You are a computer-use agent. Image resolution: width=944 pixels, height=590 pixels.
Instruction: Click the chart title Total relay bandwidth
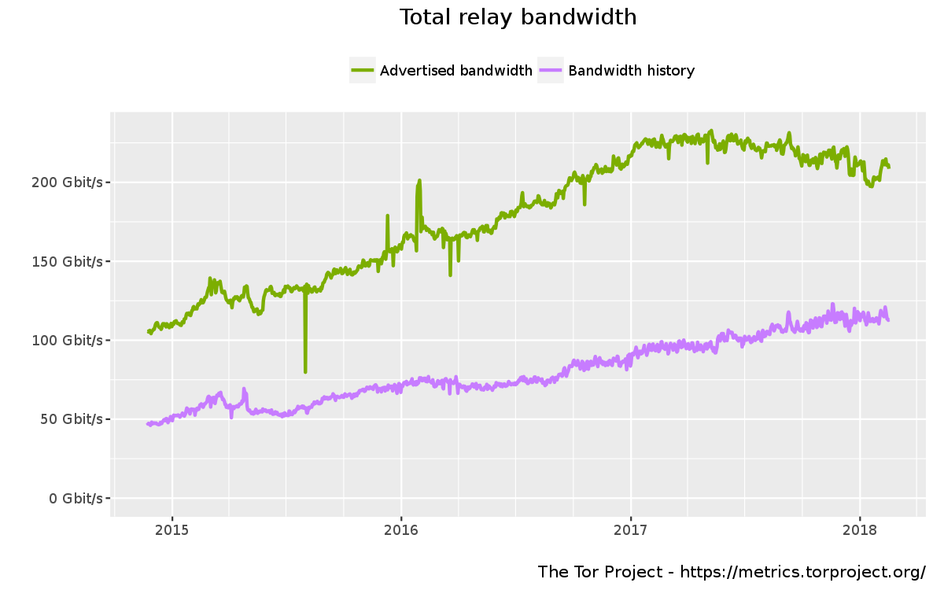point(518,17)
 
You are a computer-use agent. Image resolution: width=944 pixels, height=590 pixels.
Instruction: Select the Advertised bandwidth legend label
point(456,71)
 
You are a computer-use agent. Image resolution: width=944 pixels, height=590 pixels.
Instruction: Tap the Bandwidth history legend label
point(631,71)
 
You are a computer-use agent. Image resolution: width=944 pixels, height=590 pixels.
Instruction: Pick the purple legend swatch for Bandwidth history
point(551,71)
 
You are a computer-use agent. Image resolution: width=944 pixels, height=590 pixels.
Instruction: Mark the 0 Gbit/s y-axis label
point(76,498)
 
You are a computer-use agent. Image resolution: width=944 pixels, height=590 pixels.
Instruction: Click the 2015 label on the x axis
point(172,530)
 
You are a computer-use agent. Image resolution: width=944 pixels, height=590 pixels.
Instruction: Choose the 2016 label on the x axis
point(401,530)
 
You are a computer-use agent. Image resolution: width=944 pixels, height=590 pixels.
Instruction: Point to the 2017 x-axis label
point(631,530)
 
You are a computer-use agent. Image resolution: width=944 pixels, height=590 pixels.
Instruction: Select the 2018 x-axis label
point(860,530)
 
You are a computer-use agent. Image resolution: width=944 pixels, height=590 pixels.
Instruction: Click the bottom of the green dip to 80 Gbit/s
point(305,371)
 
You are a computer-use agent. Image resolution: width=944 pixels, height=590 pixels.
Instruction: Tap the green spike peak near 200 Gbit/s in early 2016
point(419,181)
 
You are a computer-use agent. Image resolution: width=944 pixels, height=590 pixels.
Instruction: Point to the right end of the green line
point(889,167)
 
